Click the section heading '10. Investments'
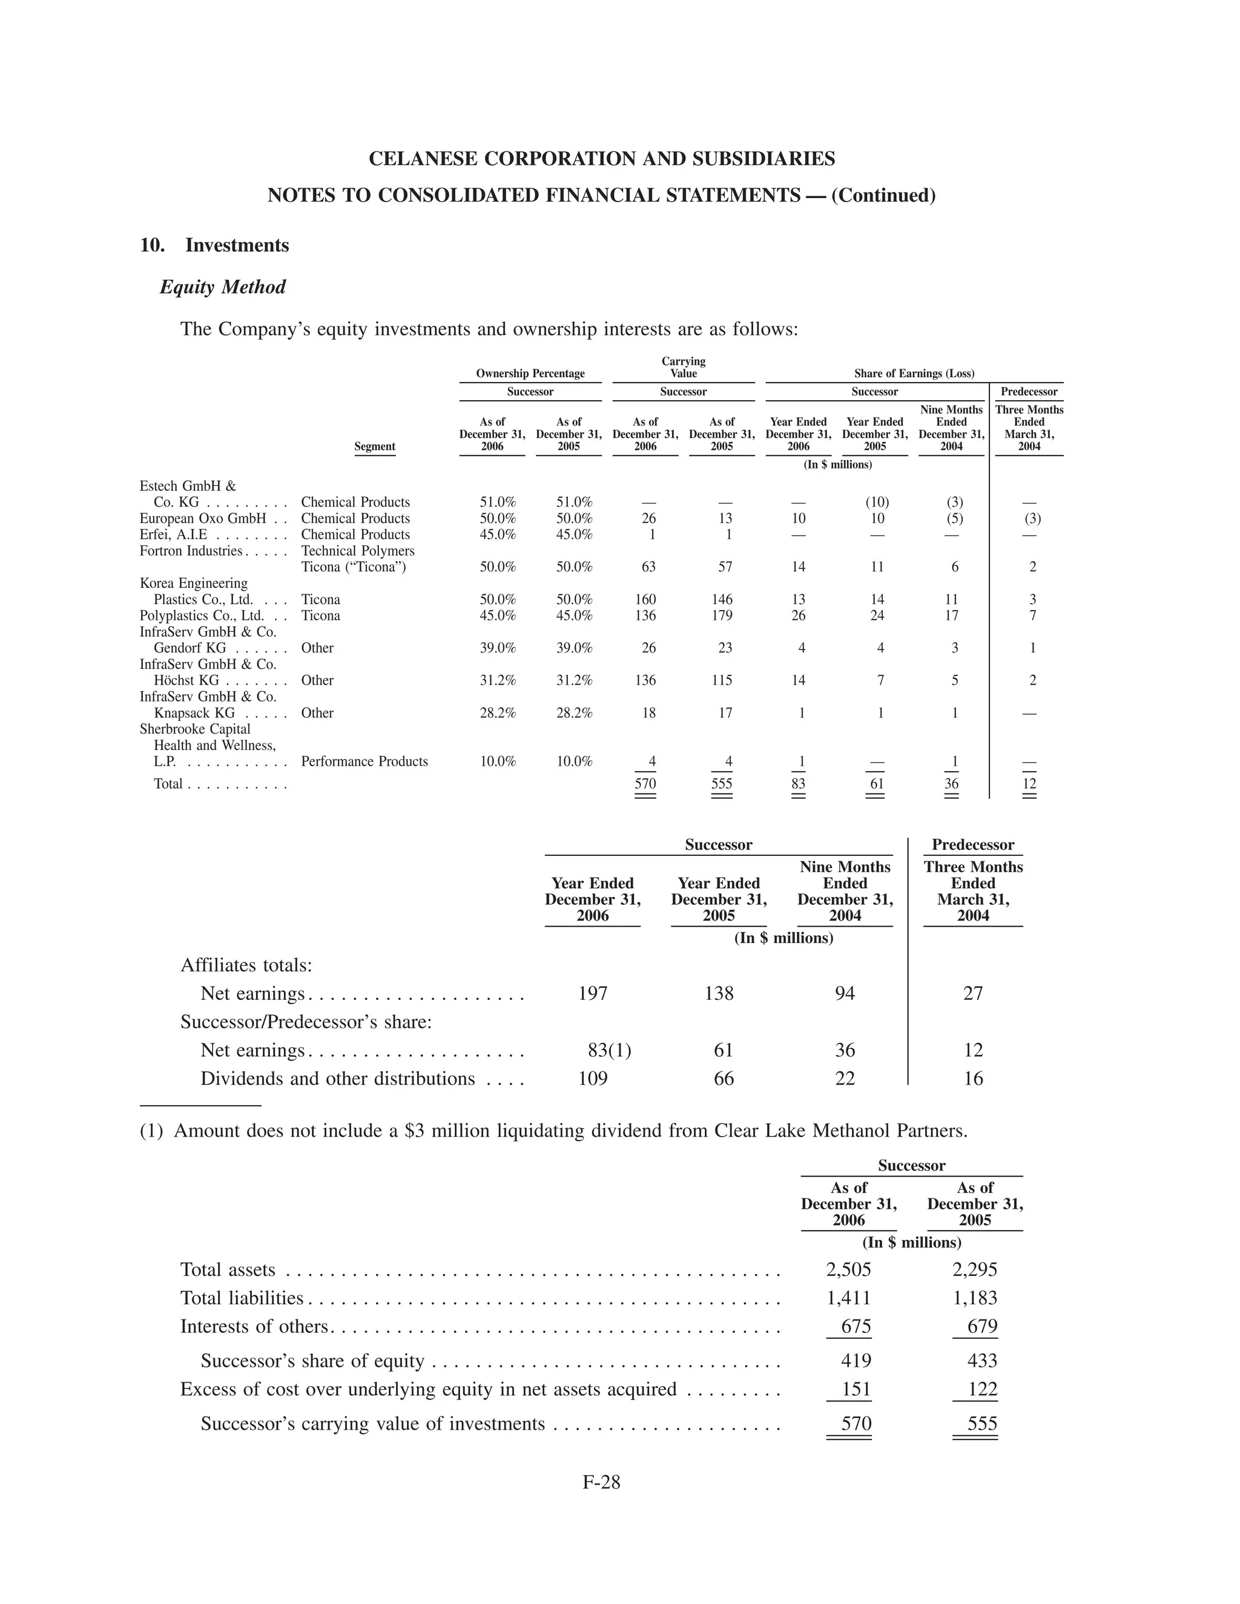tap(214, 245)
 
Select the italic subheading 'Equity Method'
tap(223, 286)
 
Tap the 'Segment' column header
tap(375, 447)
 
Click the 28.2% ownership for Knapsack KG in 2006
tap(497, 712)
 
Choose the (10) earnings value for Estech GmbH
tap(876, 502)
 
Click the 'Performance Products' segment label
tap(364, 761)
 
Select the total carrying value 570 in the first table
tap(645, 784)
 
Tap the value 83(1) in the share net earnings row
tap(609, 1050)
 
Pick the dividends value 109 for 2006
tap(593, 1078)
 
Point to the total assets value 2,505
tap(848, 1270)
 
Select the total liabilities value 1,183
tap(975, 1298)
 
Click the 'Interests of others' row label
tap(254, 1326)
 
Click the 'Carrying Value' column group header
tap(683, 367)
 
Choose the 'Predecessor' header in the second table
tap(972, 844)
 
